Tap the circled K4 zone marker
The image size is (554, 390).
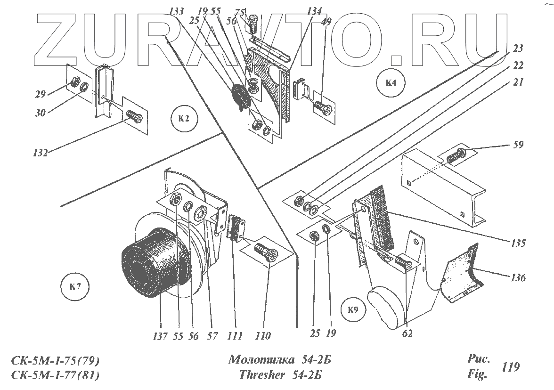tap(390, 84)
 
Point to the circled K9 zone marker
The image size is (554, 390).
tap(353, 310)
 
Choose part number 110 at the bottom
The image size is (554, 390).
tap(263, 336)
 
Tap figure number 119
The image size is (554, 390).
tap(511, 366)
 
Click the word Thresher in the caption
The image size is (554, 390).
tap(261, 375)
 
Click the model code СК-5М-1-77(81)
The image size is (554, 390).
tap(56, 375)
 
